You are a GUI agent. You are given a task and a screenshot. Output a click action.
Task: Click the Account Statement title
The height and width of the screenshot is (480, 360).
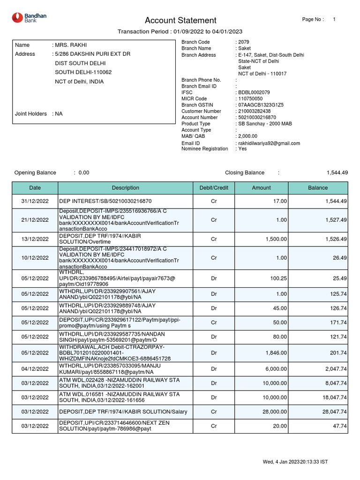(x=180, y=20)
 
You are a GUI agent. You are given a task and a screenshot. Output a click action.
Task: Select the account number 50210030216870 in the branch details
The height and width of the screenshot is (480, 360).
(x=257, y=118)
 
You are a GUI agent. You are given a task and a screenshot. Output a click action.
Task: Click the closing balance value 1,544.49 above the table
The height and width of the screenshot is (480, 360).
(x=337, y=172)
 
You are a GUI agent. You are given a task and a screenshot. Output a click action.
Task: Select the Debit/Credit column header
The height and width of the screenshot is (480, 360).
(x=214, y=187)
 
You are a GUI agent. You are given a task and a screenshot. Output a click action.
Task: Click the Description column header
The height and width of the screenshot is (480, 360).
(x=125, y=187)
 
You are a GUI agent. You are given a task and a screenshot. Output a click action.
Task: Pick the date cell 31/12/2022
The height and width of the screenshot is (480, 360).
(x=35, y=201)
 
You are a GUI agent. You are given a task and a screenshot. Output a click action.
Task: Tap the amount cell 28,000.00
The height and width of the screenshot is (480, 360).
(x=275, y=412)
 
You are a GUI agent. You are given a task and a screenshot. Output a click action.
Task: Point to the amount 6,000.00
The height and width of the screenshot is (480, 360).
(x=277, y=369)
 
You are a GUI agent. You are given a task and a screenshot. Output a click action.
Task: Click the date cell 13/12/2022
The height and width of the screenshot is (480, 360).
(x=35, y=239)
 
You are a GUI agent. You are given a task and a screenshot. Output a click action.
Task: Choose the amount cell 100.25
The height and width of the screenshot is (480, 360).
(x=278, y=278)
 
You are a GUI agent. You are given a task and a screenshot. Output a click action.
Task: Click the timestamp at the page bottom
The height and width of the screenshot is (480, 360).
(x=295, y=462)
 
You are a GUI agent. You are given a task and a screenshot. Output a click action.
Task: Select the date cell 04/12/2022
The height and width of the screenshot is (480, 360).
(x=35, y=369)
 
